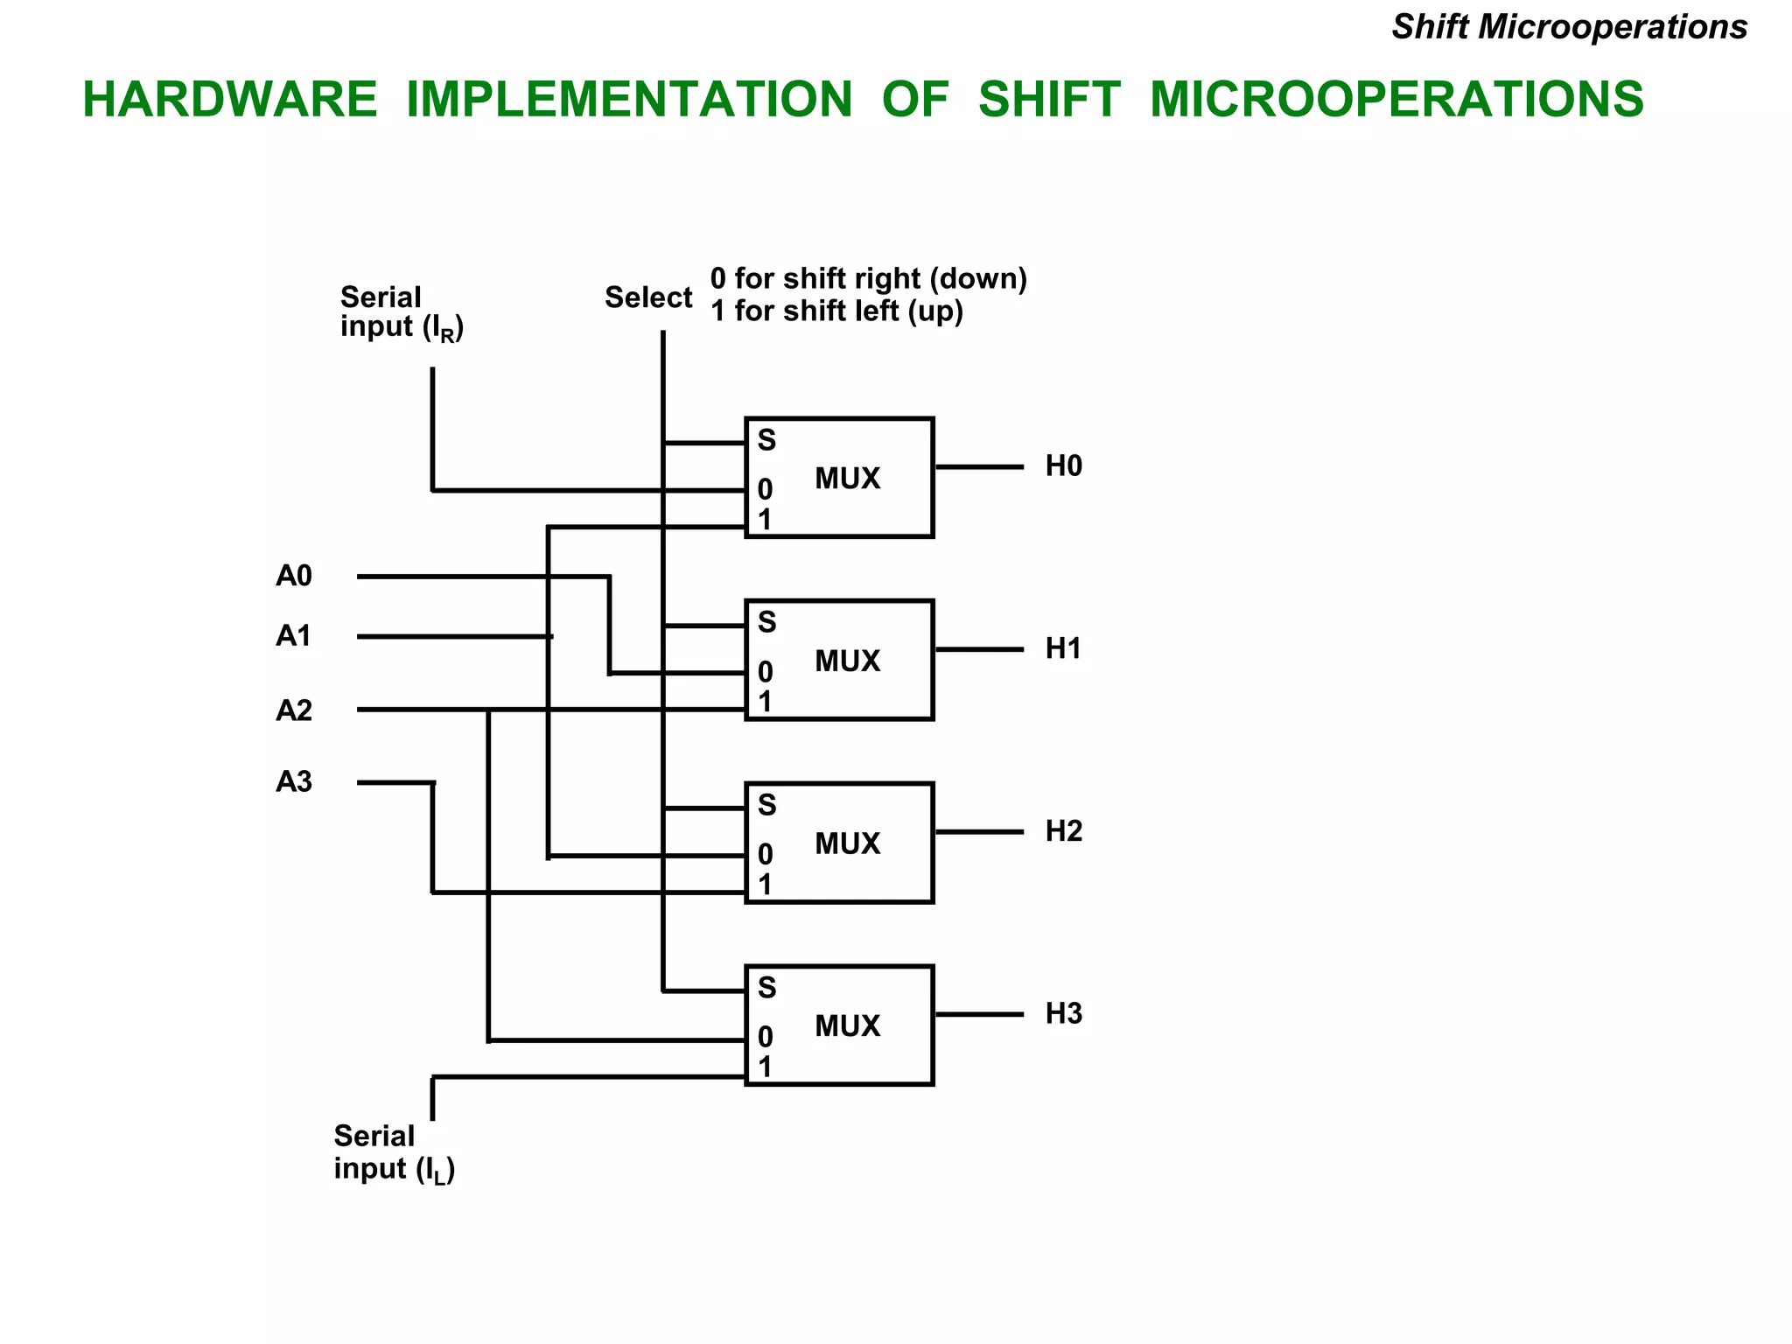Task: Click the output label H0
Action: [x=1063, y=466]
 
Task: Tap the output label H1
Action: [x=1063, y=648]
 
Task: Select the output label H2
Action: [x=1063, y=831]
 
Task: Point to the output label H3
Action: [x=1063, y=1013]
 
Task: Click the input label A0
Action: [x=294, y=576]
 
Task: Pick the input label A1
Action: [x=294, y=636]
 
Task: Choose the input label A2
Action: [x=294, y=710]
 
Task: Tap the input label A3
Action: [x=294, y=781]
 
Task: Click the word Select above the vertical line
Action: [x=648, y=297]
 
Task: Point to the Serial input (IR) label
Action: [x=402, y=312]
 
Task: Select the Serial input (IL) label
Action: [x=395, y=1153]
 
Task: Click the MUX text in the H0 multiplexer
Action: [x=847, y=479]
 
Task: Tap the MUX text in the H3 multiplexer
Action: [x=847, y=1025]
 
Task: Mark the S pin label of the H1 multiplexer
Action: [x=766, y=622]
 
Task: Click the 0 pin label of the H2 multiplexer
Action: [x=766, y=854]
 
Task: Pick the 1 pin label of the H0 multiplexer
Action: [x=766, y=521]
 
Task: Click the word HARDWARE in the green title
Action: [x=229, y=99]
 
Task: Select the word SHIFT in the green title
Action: [x=1049, y=99]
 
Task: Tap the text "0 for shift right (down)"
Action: [x=868, y=278]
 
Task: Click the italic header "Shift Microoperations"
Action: [x=1569, y=27]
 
